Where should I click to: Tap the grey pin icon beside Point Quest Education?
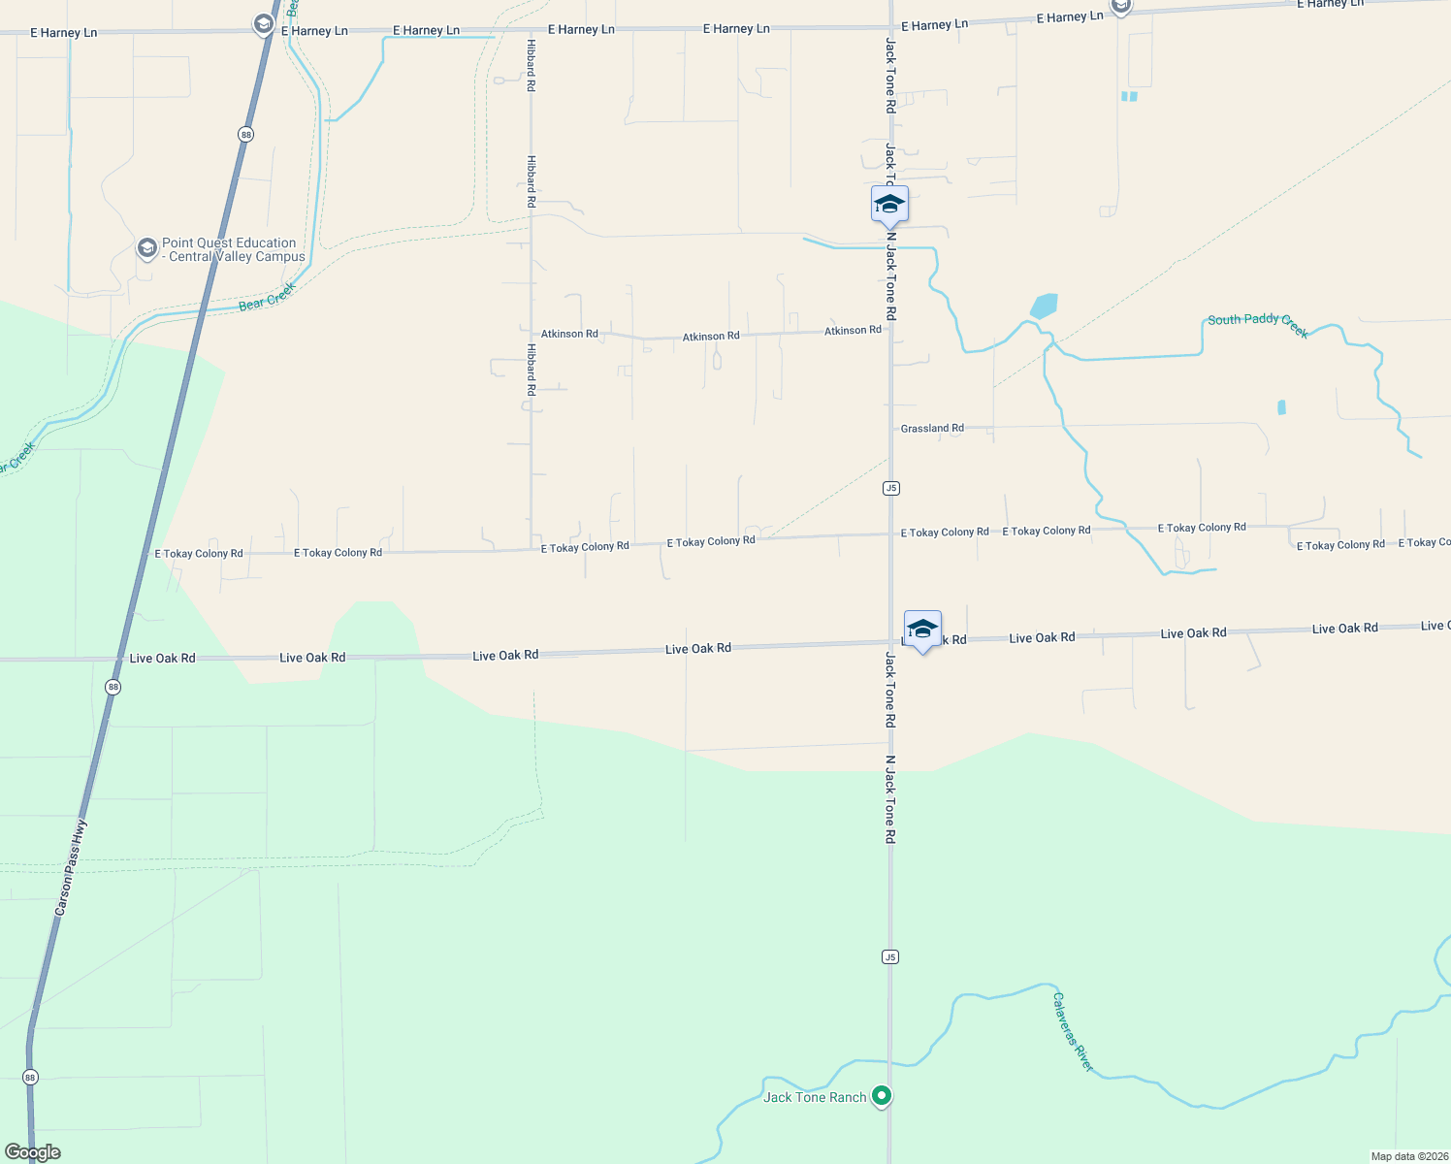pyautogui.click(x=146, y=249)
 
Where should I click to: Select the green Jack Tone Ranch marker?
pyautogui.click(x=882, y=1096)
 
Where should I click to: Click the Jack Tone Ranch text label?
pyautogui.click(x=815, y=1097)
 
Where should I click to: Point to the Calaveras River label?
pyautogui.click(x=1074, y=1032)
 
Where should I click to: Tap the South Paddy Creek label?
pyautogui.click(x=1258, y=325)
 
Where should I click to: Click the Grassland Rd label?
pyautogui.click(x=932, y=428)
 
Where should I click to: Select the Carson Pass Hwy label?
pyautogui.click(x=70, y=868)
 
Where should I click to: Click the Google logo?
pyautogui.click(x=33, y=1152)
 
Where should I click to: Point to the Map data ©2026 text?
pyautogui.click(x=1408, y=1156)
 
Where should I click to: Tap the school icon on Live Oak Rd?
pyautogui.click(x=922, y=630)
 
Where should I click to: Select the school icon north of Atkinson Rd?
pyautogui.click(x=889, y=205)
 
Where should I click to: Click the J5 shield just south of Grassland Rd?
pyautogui.click(x=891, y=488)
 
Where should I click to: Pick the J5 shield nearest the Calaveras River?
pyautogui.click(x=890, y=957)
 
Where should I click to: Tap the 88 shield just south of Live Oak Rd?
pyautogui.click(x=113, y=687)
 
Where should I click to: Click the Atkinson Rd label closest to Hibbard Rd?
pyautogui.click(x=569, y=334)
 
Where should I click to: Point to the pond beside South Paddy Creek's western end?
pyautogui.click(x=1044, y=307)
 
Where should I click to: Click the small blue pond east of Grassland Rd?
pyautogui.click(x=1281, y=407)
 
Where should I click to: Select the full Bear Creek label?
pyautogui.click(x=267, y=297)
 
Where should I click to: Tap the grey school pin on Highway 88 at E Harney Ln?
pyautogui.click(x=263, y=24)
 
